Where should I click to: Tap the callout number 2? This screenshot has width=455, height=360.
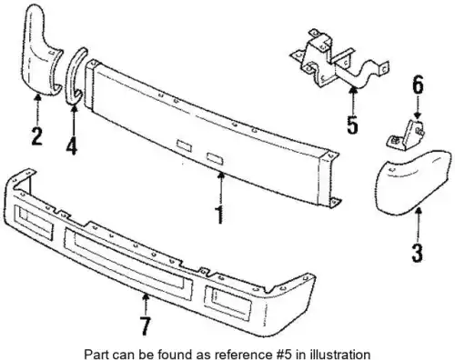[37, 136]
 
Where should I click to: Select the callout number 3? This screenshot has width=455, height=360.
[417, 254]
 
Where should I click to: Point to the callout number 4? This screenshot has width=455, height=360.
[72, 146]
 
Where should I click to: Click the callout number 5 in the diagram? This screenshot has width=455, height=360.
[352, 125]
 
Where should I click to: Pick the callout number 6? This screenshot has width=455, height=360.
[418, 85]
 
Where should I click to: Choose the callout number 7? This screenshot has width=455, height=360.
[146, 325]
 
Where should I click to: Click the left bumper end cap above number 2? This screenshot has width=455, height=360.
[41, 53]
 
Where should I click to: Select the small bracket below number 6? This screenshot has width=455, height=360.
[406, 135]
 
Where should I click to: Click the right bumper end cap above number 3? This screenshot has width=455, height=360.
[411, 182]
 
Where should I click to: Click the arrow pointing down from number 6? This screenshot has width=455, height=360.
[418, 107]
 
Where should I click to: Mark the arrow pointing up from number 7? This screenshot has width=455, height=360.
[146, 305]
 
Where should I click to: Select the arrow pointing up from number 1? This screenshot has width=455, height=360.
[221, 188]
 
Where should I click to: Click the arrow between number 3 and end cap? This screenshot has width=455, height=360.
[418, 225]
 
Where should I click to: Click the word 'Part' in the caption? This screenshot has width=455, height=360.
[95, 355]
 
